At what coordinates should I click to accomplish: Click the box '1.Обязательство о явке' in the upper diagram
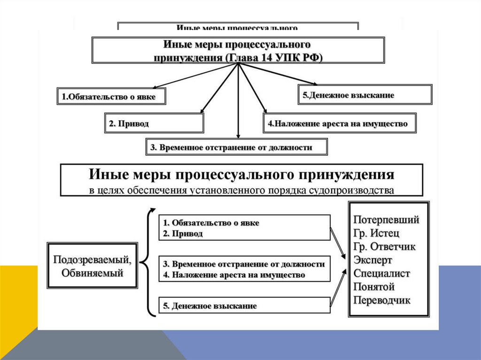coord(112,97)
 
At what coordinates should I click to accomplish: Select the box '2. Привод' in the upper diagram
coord(154,123)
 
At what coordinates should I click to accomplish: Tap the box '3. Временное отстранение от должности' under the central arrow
coord(236,147)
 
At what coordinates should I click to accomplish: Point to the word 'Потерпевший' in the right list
coord(386,220)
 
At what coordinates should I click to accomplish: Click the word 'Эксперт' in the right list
coord(373,260)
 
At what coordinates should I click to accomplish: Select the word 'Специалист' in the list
coord(382,273)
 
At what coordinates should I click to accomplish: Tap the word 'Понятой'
coord(374,287)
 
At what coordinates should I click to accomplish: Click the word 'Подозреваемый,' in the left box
coord(92,260)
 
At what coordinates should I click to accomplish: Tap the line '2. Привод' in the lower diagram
coord(183,233)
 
